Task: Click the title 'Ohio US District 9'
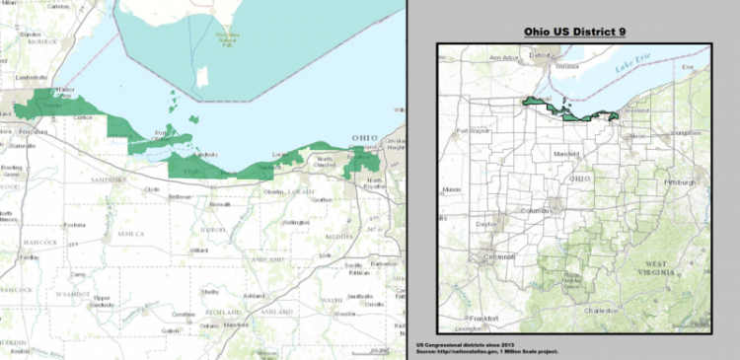point(575,32)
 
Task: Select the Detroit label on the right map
point(540,56)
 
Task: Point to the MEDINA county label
point(338,236)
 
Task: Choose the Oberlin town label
point(272,191)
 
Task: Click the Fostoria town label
point(73,226)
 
